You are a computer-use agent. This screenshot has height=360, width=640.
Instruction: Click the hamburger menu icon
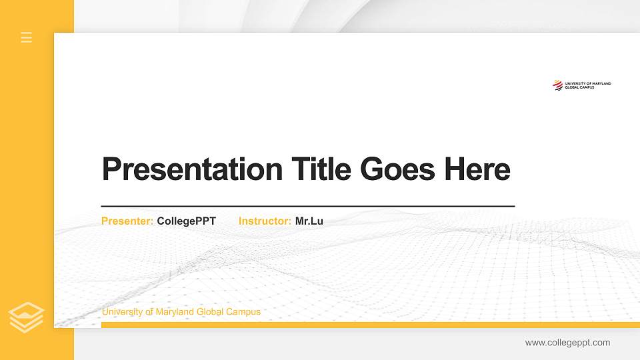pyautogui.click(x=27, y=37)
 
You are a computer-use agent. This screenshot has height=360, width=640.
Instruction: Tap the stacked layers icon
pyautogui.click(x=27, y=317)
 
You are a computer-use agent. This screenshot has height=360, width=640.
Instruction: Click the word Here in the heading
pyautogui.click(x=477, y=169)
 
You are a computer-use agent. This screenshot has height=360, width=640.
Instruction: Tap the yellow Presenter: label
pyautogui.click(x=127, y=221)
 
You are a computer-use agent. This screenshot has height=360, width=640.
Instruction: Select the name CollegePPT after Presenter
pyautogui.click(x=187, y=221)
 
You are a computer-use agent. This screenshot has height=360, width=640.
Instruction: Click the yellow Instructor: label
pyautogui.click(x=265, y=221)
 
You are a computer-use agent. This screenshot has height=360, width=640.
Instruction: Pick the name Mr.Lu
pyautogui.click(x=309, y=221)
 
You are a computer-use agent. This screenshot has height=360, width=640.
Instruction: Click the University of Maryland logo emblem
pyautogui.click(x=557, y=85)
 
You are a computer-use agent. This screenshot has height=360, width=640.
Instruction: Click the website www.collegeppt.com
pyautogui.click(x=567, y=343)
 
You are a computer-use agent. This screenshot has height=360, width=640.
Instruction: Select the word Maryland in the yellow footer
pyautogui.click(x=177, y=312)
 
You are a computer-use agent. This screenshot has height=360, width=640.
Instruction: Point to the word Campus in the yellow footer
pyautogui.click(x=245, y=312)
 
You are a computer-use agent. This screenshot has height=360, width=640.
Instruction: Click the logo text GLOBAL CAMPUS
pyautogui.click(x=579, y=87)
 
